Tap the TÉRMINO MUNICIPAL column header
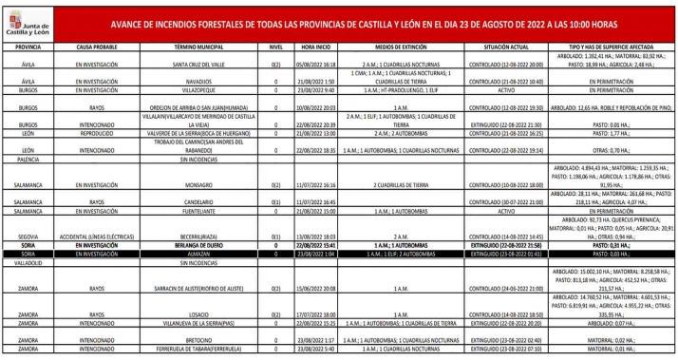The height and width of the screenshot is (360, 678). tap(198, 46)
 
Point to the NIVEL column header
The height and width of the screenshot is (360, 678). tap(276, 46)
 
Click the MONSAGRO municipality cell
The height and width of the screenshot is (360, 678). tap(198, 185)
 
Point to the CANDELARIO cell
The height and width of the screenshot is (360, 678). tap(198, 202)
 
